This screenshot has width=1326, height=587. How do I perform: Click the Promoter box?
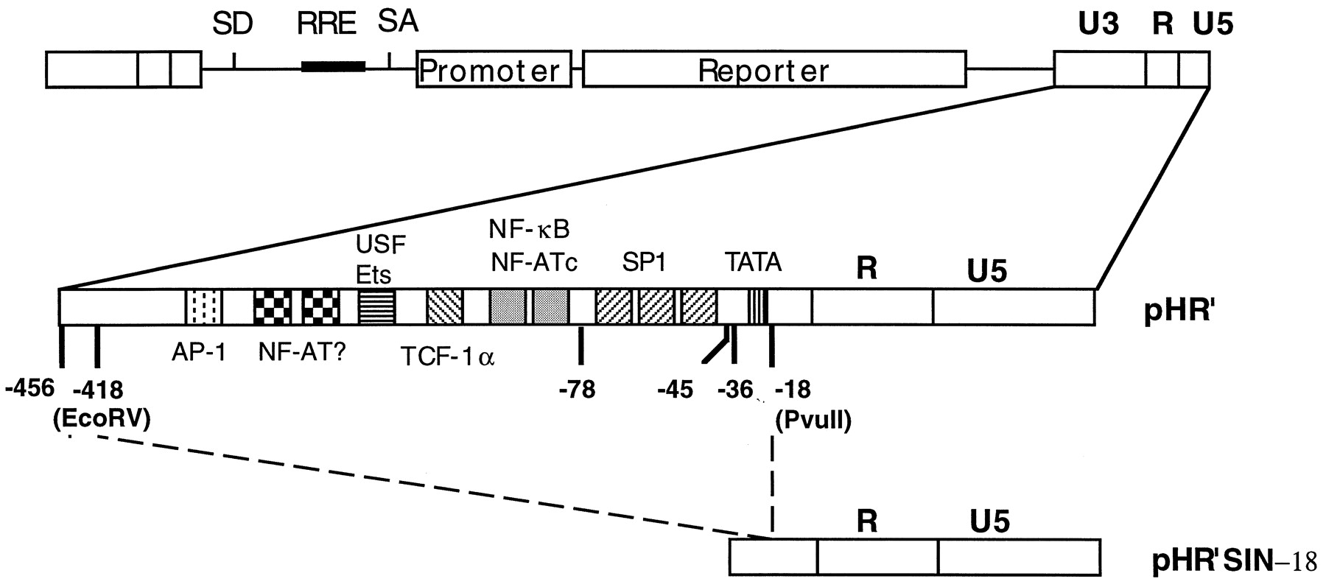494,69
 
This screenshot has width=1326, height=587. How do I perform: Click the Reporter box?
773,69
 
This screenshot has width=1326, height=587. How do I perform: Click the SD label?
233,24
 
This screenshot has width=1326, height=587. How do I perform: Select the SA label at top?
398,22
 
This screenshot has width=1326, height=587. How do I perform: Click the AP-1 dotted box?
203,306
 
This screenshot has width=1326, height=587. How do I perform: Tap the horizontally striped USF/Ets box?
376,306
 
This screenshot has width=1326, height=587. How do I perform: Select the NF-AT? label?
302,354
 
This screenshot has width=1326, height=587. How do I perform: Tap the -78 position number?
577,389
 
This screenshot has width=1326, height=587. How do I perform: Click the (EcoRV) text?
102,418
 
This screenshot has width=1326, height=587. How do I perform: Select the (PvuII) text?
813,421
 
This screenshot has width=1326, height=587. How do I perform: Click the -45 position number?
675,389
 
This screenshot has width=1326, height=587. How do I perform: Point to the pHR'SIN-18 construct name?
1233,562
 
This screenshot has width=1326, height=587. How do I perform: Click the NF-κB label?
529,229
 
